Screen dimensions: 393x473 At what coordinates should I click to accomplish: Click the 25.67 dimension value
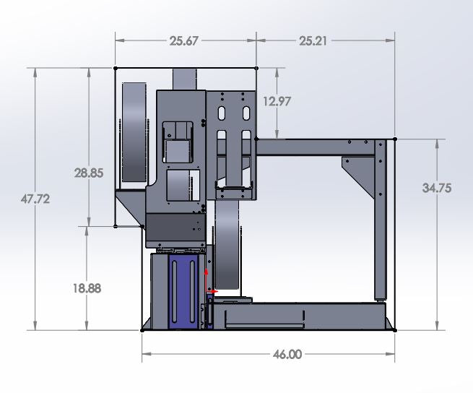[x=184, y=41]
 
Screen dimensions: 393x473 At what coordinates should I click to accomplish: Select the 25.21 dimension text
[x=313, y=41]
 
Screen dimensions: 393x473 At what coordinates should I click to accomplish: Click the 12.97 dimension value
[x=277, y=102]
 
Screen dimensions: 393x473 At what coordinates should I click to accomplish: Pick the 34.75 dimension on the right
[x=437, y=188]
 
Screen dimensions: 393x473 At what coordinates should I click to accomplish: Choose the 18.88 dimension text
[x=87, y=288]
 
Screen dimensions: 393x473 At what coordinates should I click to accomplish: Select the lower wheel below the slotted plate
[x=229, y=246]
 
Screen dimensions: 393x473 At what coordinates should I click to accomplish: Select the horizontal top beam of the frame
[x=318, y=147]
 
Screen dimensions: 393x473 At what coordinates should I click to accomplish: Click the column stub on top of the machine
[x=185, y=79]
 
